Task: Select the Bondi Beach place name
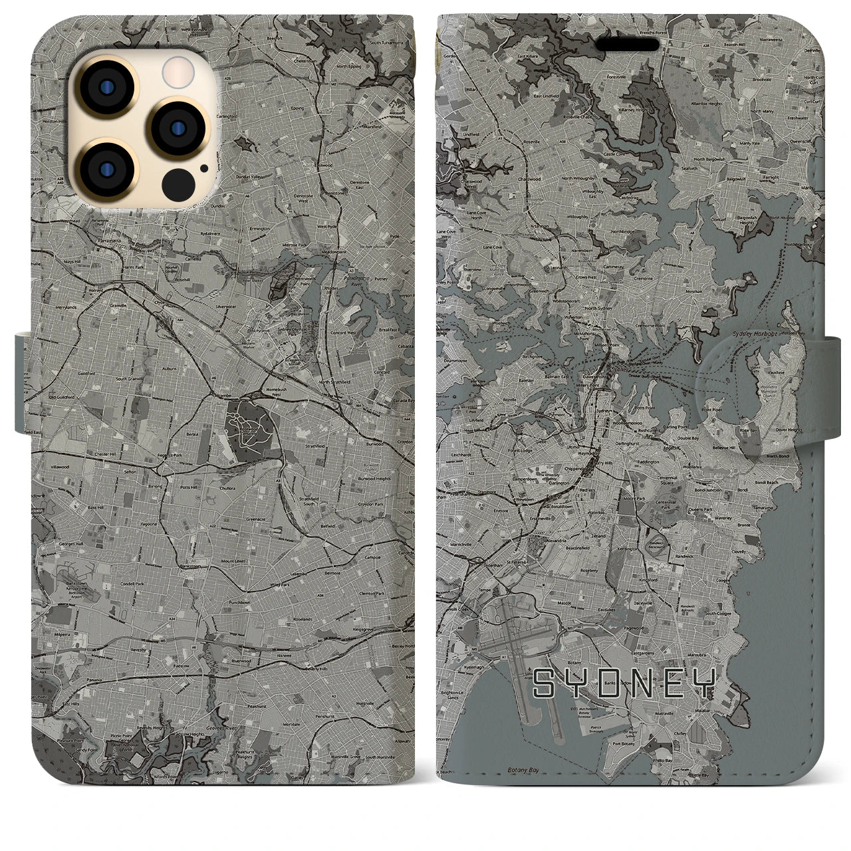point(766,483)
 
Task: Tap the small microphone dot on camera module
point(203,169)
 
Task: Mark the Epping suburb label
point(297,108)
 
